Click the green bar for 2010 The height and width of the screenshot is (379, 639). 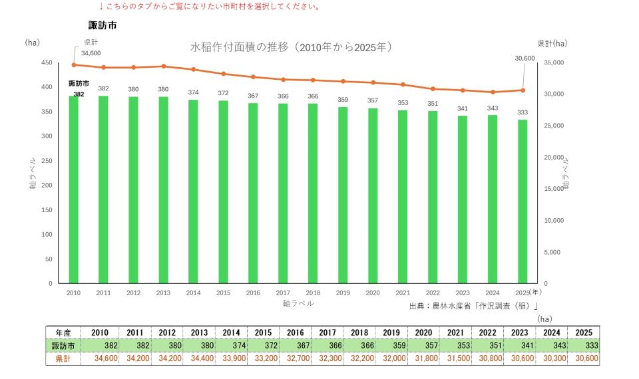(73, 189)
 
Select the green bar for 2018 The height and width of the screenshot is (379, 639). (313, 193)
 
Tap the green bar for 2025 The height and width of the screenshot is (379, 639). (523, 201)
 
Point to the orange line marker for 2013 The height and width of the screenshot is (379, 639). (164, 66)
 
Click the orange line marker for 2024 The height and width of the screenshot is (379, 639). (493, 92)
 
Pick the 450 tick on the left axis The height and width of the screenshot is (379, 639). (47, 63)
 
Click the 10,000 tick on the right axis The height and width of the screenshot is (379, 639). (554, 220)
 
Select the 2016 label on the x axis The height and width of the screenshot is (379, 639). (253, 293)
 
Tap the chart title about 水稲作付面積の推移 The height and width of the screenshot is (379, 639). (292, 47)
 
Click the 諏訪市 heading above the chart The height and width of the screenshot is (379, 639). (103, 25)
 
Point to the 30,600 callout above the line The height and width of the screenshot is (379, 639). (525, 59)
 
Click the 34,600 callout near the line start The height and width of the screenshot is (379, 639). (91, 53)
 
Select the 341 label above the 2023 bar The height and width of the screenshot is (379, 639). (463, 108)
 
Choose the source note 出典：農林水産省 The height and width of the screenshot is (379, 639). (473, 306)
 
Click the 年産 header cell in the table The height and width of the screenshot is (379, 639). (63, 332)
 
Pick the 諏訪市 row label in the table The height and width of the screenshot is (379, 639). (63, 346)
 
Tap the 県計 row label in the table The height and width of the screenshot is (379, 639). (63, 358)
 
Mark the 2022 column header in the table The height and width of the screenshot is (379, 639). (487, 332)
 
